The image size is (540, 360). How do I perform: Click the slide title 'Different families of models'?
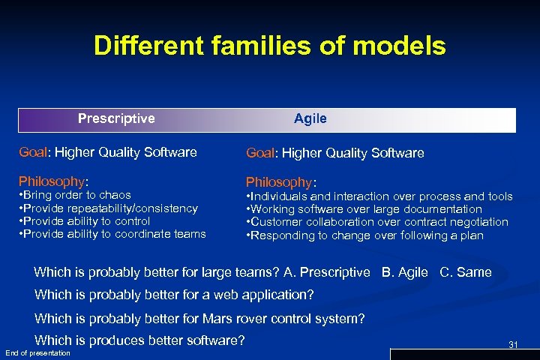[x=269, y=46]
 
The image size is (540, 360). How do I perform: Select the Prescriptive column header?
[x=116, y=118]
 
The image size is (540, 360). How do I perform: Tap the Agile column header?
[x=310, y=118]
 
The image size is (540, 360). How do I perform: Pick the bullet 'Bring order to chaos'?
[x=74, y=195]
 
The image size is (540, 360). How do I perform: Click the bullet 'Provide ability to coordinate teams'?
[x=112, y=234]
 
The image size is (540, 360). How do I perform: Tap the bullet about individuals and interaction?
[x=379, y=196]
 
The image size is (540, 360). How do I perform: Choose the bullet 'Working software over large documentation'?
[x=364, y=209]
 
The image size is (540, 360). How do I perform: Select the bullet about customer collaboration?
[x=377, y=222]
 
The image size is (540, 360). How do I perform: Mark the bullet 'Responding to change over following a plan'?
[x=365, y=235]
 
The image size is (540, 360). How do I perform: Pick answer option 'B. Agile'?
[x=405, y=272]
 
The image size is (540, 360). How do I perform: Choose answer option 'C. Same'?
[x=465, y=272]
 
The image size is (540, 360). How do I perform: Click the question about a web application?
[x=174, y=295]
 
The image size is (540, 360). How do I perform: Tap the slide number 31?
[x=513, y=344]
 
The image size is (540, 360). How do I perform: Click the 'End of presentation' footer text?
[x=37, y=353]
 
